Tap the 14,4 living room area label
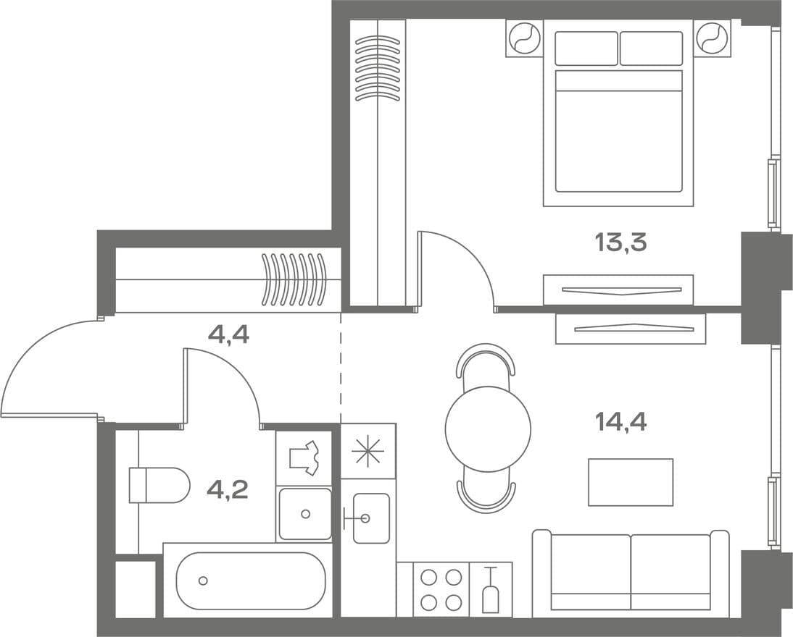(621, 422)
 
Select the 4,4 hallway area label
(228, 334)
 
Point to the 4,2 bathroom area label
(228, 489)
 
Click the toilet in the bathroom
(159, 486)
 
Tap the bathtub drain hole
(203, 581)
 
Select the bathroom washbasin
(305, 514)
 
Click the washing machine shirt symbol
(304, 457)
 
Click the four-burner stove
(441, 589)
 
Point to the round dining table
(488, 429)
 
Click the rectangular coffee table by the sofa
(631, 482)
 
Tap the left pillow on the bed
(586, 48)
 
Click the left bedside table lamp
(525, 38)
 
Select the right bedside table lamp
(712, 38)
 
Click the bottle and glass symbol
(490, 590)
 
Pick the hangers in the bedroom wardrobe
(378, 68)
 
